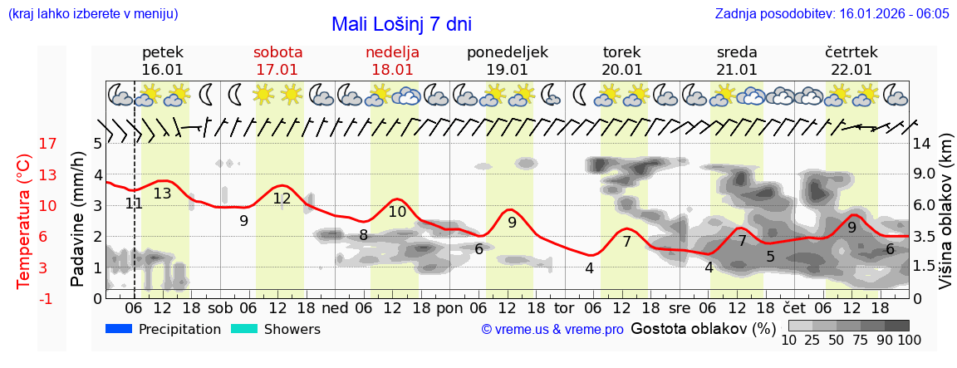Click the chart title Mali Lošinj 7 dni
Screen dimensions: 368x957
tap(401, 24)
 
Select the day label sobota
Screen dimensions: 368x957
tap(277, 52)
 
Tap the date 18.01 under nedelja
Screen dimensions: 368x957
tap(392, 70)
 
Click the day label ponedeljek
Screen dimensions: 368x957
tap(507, 52)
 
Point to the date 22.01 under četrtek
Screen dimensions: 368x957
tap(851, 70)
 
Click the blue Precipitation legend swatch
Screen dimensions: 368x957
tap(120, 329)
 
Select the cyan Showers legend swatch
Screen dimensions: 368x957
tap(245, 329)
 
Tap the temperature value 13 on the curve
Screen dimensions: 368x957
tap(162, 194)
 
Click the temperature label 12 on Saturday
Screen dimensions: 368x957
tap(282, 199)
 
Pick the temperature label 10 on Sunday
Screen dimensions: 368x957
tap(397, 212)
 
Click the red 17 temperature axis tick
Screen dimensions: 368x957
tap(48, 144)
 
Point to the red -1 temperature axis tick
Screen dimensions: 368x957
tap(48, 298)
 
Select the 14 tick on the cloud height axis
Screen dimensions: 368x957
tap(922, 144)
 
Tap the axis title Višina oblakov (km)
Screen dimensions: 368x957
tap(945, 221)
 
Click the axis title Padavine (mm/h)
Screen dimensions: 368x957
tap(78, 219)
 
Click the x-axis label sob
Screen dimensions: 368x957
tap(220, 307)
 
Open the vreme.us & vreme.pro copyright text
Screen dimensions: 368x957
tap(552, 330)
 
